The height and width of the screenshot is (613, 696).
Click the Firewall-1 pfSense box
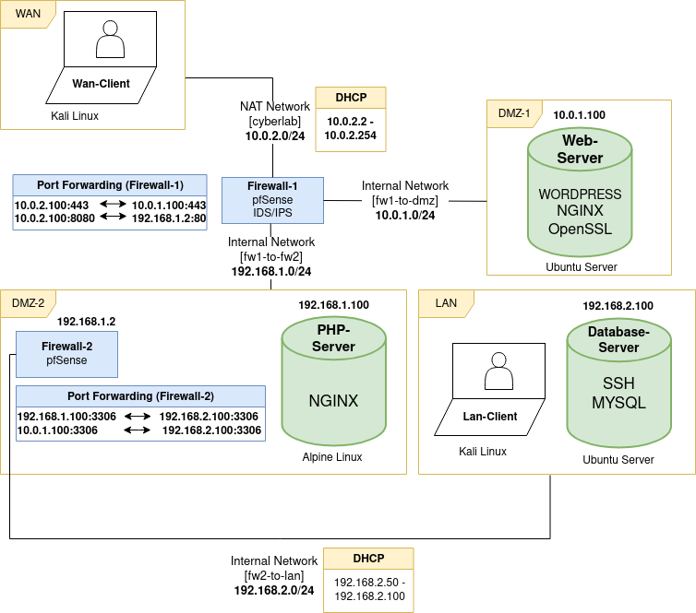(x=272, y=200)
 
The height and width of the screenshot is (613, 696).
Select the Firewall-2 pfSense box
(x=66, y=354)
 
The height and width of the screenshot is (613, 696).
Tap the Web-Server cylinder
(x=580, y=190)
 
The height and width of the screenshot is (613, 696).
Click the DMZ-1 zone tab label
(x=514, y=113)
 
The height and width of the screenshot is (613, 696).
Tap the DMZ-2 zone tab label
(x=29, y=302)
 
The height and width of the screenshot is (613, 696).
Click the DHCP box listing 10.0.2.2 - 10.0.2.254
(x=350, y=119)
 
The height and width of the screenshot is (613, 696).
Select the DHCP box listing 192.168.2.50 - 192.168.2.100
(x=369, y=580)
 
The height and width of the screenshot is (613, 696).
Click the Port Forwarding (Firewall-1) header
(x=110, y=184)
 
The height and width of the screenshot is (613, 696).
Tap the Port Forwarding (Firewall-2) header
(x=140, y=396)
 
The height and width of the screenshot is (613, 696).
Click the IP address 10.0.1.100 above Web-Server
(x=579, y=115)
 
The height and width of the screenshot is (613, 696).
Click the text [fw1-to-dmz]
(x=405, y=200)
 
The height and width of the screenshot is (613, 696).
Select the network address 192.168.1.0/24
(x=270, y=271)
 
